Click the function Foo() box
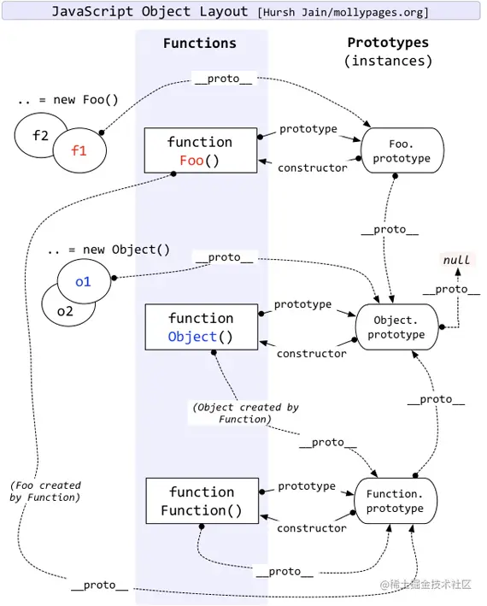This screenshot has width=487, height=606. [x=200, y=150]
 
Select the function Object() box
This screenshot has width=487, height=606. [x=200, y=327]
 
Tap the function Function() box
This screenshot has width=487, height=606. [x=201, y=502]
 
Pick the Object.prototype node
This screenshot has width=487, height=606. [x=397, y=327]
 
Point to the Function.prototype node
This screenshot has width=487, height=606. [x=395, y=502]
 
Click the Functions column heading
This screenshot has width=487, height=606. [x=199, y=43]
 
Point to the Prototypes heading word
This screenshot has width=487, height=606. [x=389, y=43]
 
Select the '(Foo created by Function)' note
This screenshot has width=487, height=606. [x=45, y=491]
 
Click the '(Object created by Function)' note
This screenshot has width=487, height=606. [x=245, y=413]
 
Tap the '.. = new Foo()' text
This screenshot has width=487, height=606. [x=67, y=100]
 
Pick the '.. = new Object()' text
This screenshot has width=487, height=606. [x=109, y=250]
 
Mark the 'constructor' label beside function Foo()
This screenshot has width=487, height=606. [x=313, y=168]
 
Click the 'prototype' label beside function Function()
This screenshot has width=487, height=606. [x=307, y=485]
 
